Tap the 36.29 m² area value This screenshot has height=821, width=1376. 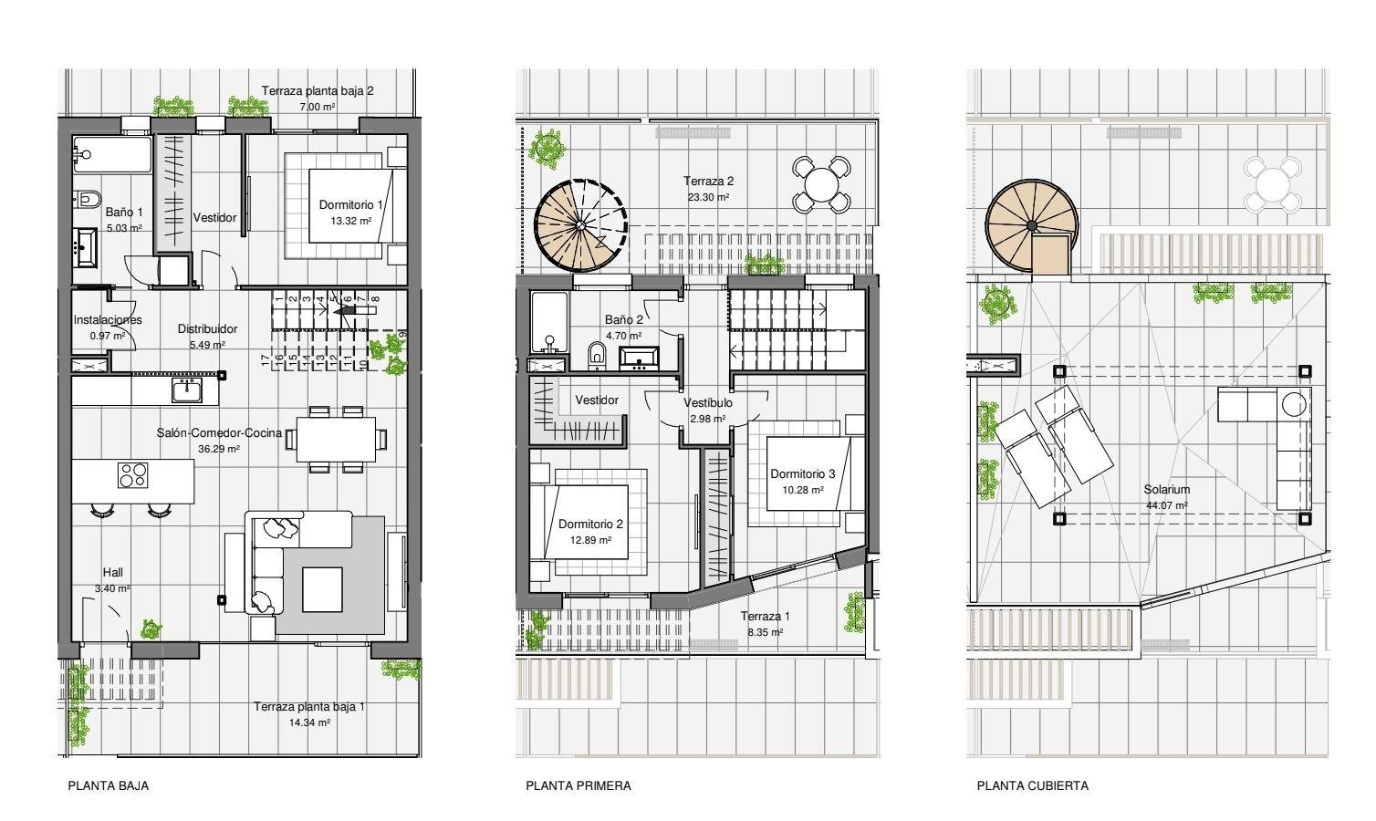(218, 450)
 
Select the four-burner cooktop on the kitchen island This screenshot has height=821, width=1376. (132, 475)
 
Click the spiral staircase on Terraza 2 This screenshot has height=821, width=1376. (577, 224)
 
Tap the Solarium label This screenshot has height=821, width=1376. (1166, 490)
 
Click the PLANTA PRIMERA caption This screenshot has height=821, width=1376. (578, 785)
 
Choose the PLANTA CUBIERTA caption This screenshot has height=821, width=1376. (1032, 785)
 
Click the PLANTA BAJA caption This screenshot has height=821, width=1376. (108, 785)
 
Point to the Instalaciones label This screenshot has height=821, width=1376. (108, 320)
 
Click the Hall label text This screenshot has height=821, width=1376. (112, 573)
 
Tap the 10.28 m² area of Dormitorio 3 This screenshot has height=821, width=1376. (802, 490)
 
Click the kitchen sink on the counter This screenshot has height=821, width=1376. (187, 390)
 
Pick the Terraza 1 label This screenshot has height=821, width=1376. (765, 617)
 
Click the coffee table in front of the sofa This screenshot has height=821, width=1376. (322, 589)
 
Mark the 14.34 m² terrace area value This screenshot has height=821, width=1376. (309, 722)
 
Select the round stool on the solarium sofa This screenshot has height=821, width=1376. (1293, 402)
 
